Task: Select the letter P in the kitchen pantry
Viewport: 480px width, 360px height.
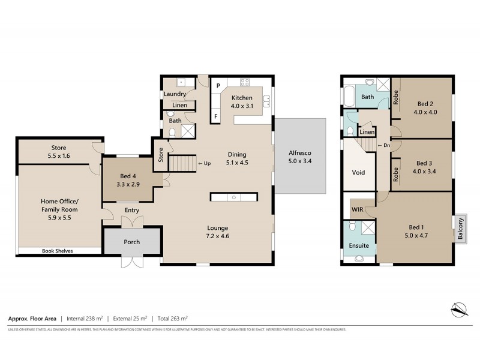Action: point(219,85)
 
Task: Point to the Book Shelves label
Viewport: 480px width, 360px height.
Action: point(57,251)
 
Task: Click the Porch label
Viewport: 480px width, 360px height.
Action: point(131,242)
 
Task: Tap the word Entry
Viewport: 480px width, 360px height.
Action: point(131,210)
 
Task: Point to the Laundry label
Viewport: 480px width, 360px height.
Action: point(175,94)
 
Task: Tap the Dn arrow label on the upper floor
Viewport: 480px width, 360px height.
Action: point(382,146)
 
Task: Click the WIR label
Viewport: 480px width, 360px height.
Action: point(358,209)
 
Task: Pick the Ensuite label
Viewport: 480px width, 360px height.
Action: point(359,245)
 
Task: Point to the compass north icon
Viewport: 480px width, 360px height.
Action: point(458,310)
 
